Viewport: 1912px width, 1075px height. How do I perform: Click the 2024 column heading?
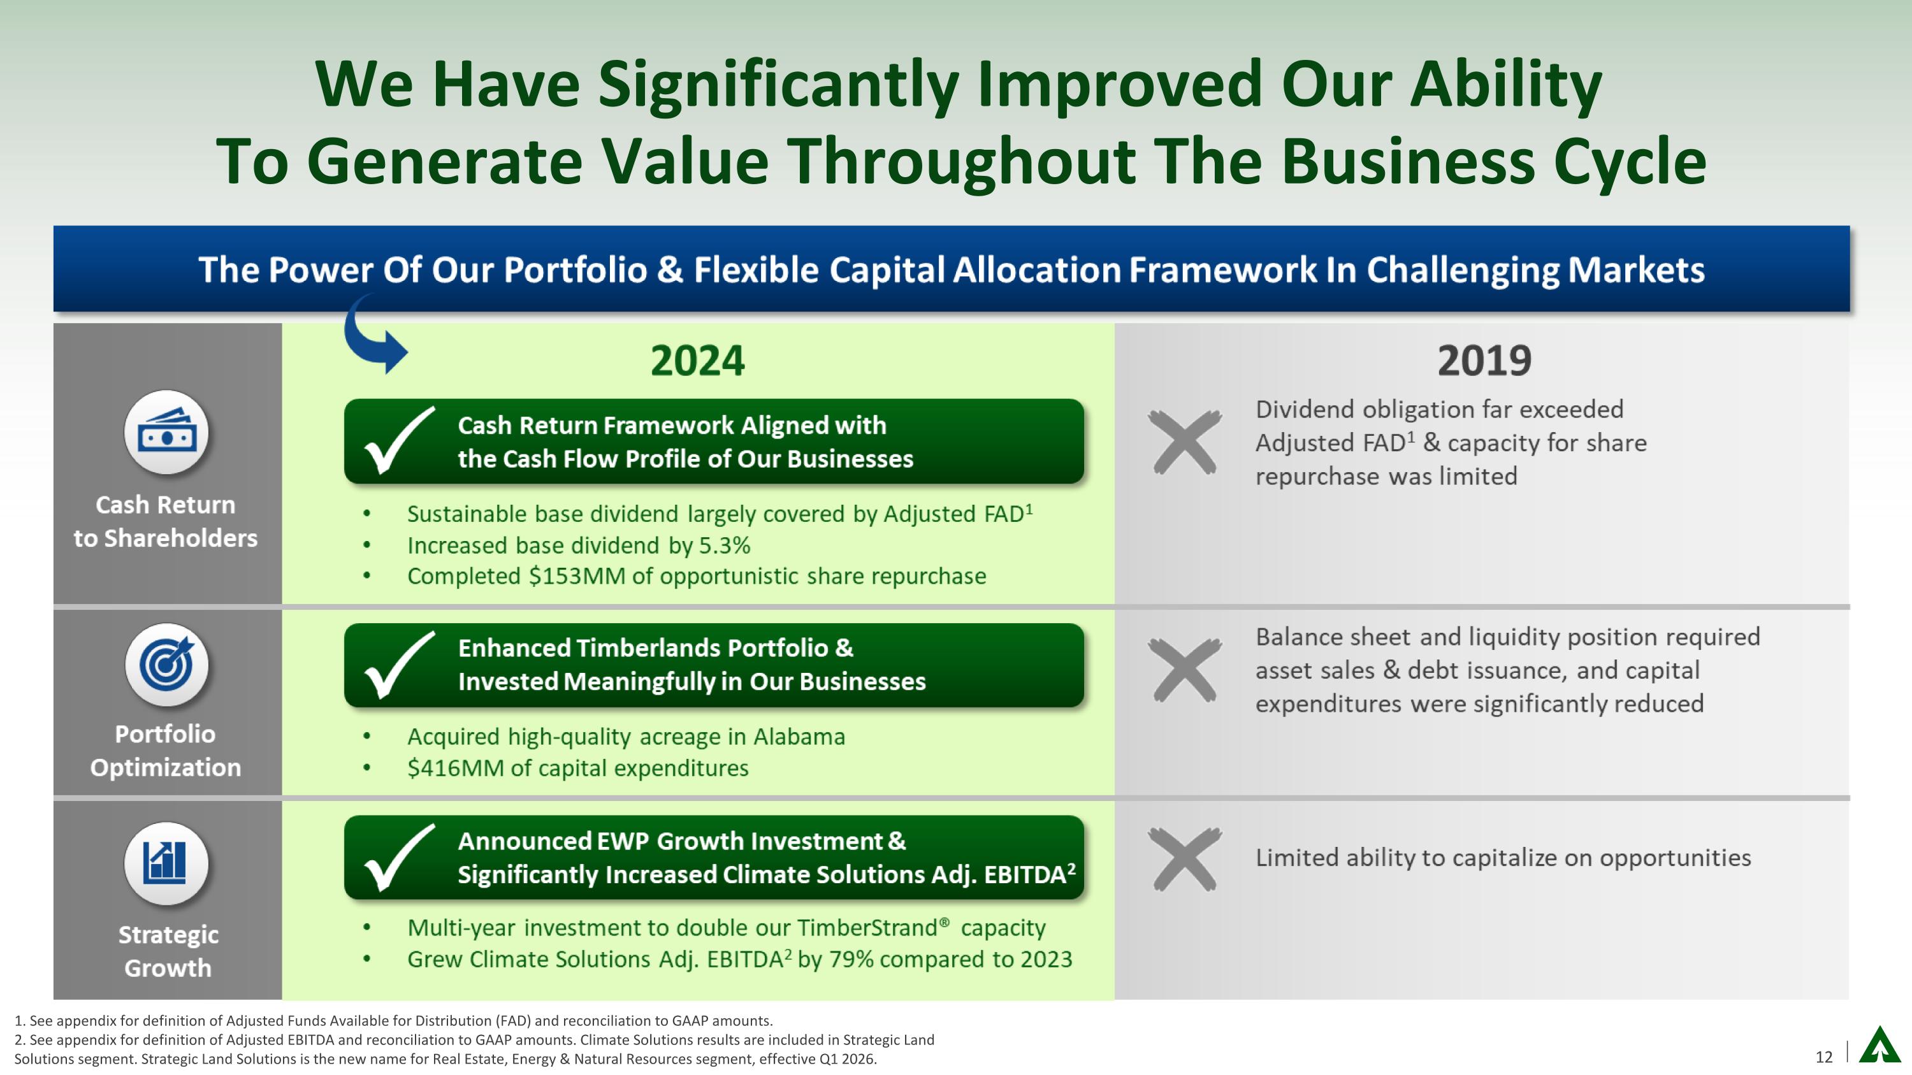point(697,361)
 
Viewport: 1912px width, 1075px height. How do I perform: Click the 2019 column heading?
point(1484,361)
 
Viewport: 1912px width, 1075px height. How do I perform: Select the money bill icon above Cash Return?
point(167,432)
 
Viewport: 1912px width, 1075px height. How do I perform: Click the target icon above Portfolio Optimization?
point(167,664)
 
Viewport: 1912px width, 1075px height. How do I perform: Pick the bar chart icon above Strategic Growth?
point(167,863)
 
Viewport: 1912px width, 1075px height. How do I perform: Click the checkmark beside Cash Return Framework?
point(397,441)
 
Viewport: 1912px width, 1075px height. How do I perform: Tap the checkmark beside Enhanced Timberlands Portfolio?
point(397,665)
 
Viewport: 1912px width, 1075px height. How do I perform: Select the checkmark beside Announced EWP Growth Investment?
point(397,858)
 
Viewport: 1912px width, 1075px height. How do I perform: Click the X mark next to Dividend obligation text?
point(1184,442)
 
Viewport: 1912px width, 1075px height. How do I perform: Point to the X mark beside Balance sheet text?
point(1184,669)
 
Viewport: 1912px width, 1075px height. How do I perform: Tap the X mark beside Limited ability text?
point(1184,858)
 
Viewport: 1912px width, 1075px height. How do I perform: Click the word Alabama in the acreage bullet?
point(799,737)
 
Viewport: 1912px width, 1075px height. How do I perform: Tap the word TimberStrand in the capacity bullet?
point(867,928)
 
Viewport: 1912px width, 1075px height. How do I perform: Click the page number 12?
point(1823,1057)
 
